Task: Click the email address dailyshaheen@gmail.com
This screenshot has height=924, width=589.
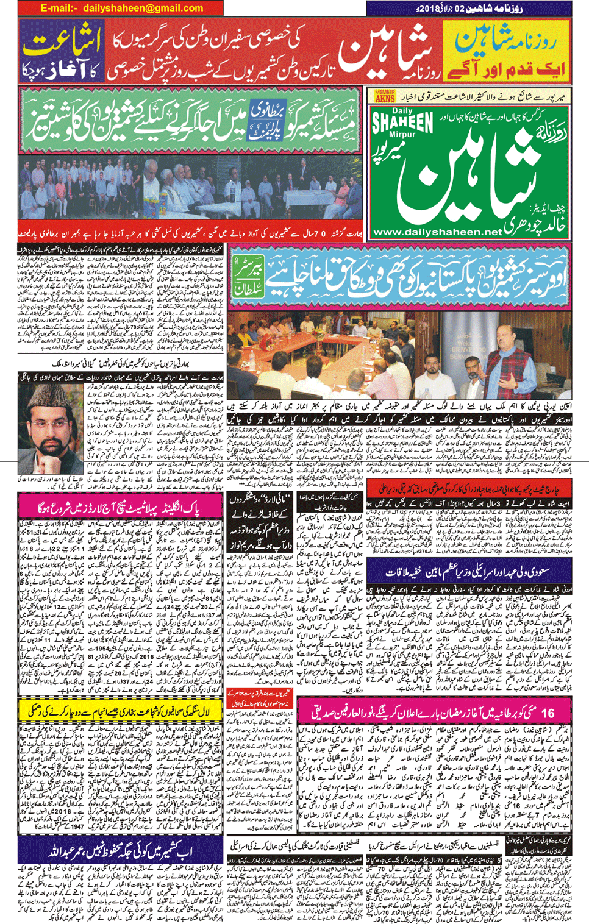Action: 143,8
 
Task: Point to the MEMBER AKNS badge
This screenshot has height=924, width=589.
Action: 385,96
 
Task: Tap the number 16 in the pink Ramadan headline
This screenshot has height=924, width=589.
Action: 547,713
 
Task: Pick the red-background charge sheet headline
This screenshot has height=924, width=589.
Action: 469,488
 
